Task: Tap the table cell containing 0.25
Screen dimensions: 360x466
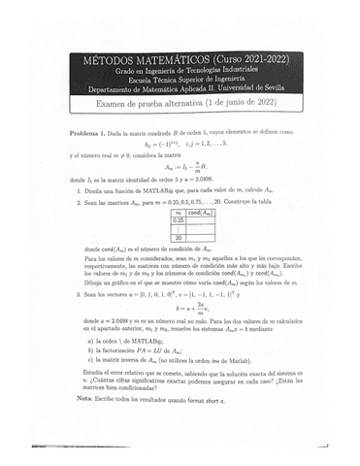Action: coord(178,220)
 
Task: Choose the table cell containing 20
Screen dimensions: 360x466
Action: coord(178,237)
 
